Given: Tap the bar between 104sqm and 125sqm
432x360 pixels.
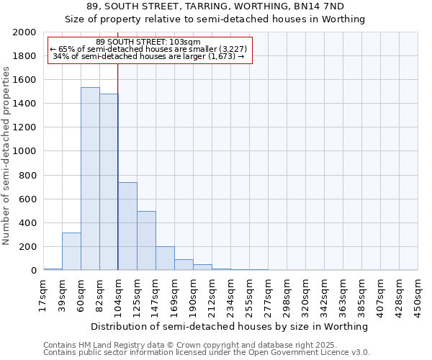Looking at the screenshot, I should tap(127, 226).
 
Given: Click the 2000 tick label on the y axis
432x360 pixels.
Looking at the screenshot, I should tap(25, 32).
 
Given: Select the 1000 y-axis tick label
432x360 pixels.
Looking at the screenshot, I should tap(25, 152).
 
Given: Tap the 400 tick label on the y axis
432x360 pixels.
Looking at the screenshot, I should tap(28, 223).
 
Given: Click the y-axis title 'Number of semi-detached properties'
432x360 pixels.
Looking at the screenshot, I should tap(7, 156).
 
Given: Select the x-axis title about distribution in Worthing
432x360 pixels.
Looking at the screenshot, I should tap(230, 326).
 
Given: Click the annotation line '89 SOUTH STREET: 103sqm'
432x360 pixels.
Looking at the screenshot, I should tap(148, 42).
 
